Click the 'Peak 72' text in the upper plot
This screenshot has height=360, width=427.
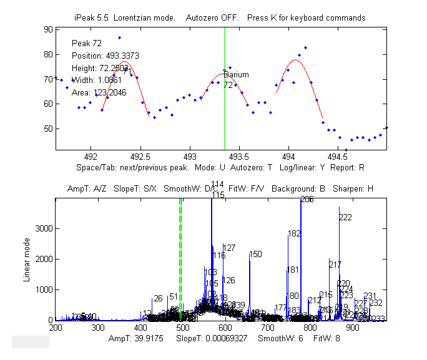[87, 43]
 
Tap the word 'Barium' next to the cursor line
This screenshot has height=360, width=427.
[236, 75]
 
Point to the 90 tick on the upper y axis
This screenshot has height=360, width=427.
[48, 29]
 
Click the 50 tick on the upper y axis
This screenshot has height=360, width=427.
[48, 129]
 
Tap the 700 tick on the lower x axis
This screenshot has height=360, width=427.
[268, 327]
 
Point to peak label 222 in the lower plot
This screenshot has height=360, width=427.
[345, 217]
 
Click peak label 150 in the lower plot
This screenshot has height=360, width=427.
[255, 254]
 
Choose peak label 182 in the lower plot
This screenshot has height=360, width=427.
[294, 234]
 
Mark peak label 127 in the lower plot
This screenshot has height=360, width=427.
[229, 248]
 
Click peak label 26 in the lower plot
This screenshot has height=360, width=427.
[158, 298]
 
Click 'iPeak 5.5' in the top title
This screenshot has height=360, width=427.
[92, 17]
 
